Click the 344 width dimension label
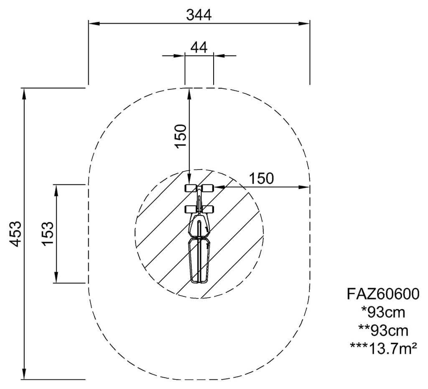[x=199, y=15]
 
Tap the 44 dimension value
[x=199, y=48]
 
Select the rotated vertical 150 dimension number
[x=181, y=136]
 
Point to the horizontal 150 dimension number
[x=261, y=178]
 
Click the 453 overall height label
[x=15, y=234]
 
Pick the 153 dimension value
[x=48, y=234]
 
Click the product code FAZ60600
[x=383, y=294]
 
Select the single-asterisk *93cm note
[x=383, y=312]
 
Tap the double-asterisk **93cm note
[x=383, y=331]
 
